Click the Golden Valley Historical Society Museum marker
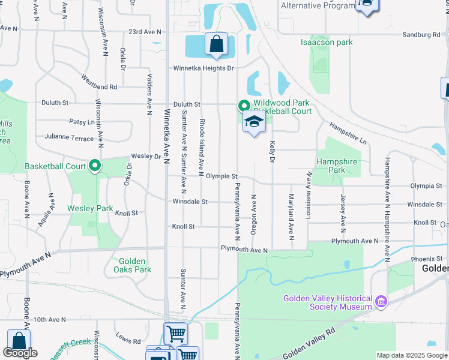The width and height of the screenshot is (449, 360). tap(381, 301)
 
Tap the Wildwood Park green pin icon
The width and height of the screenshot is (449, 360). tap(244, 106)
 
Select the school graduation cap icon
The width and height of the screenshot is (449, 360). tap(254, 122)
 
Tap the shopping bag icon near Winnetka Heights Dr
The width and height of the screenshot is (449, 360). tap(216, 44)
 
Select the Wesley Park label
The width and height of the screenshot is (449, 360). tap(90, 208)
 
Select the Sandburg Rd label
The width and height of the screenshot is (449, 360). tap(421, 35)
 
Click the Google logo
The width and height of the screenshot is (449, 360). tap(20, 353)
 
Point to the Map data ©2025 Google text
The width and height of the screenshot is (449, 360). tap(411, 355)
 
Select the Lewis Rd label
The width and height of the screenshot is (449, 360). tap(128, 340)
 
